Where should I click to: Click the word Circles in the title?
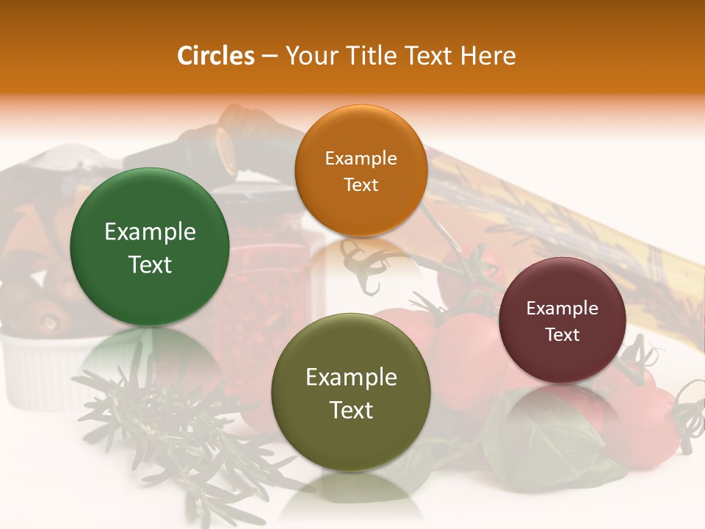coord(216,56)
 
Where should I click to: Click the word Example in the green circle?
coord(150,232)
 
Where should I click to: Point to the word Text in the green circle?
coord(150,264)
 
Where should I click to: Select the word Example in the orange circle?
coord(361,159)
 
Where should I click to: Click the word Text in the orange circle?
coord(361,184)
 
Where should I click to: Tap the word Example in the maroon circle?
coord(563,309)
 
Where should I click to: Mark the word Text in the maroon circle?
coord(563,335)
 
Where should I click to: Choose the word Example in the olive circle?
coord(351,378)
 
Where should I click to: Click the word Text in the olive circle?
coord(351,410)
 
